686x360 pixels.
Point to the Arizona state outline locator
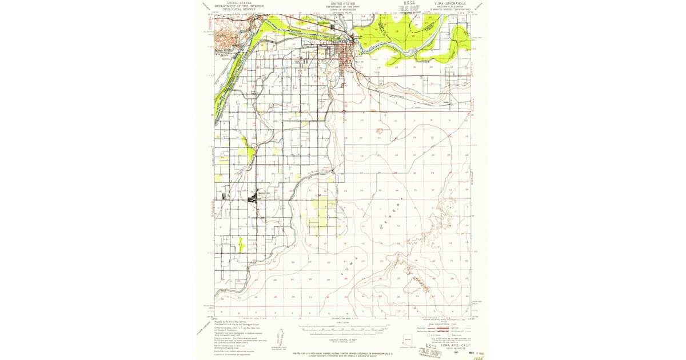[x=408, y=339]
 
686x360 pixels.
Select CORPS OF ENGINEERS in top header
[x=343, y=9]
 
